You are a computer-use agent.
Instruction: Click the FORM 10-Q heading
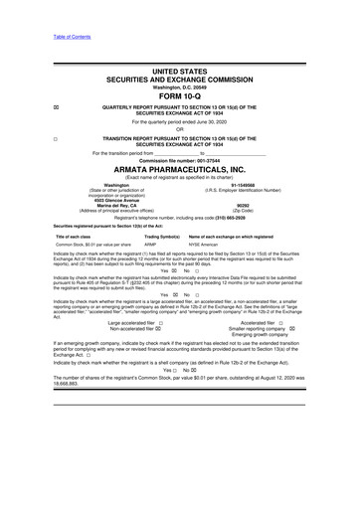[179, 83]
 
